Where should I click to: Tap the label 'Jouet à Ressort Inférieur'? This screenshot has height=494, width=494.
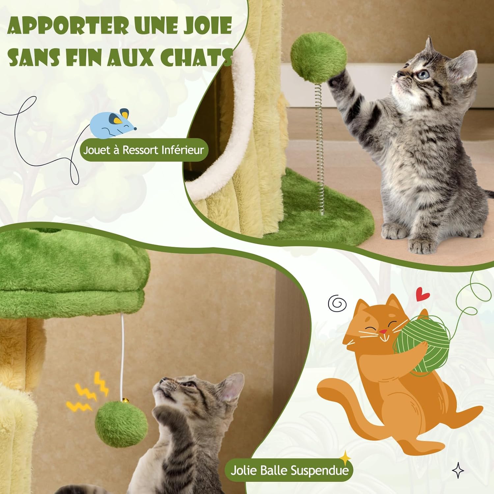pyautogui.click(x=144, y=150)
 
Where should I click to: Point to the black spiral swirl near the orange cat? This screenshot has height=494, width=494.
pyautogui.click(x=338, y=303)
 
